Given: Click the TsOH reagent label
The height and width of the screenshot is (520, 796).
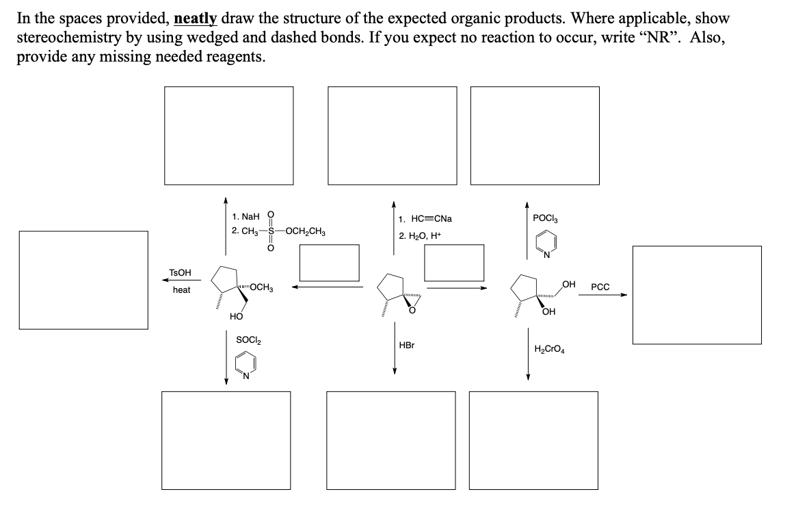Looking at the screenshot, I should coord(180,273).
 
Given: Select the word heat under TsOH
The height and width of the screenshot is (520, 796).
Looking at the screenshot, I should coord(181,290).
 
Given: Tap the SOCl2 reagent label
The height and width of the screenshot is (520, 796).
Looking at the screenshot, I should coord(248,339).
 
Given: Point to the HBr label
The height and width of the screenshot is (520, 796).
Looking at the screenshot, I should coord(406,346).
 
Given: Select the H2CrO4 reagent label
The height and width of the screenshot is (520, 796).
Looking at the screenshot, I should coord(549,349).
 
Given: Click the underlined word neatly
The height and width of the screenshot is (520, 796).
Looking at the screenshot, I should coord(197,18).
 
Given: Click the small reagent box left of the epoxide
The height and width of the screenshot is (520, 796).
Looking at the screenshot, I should coord(329,263).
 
